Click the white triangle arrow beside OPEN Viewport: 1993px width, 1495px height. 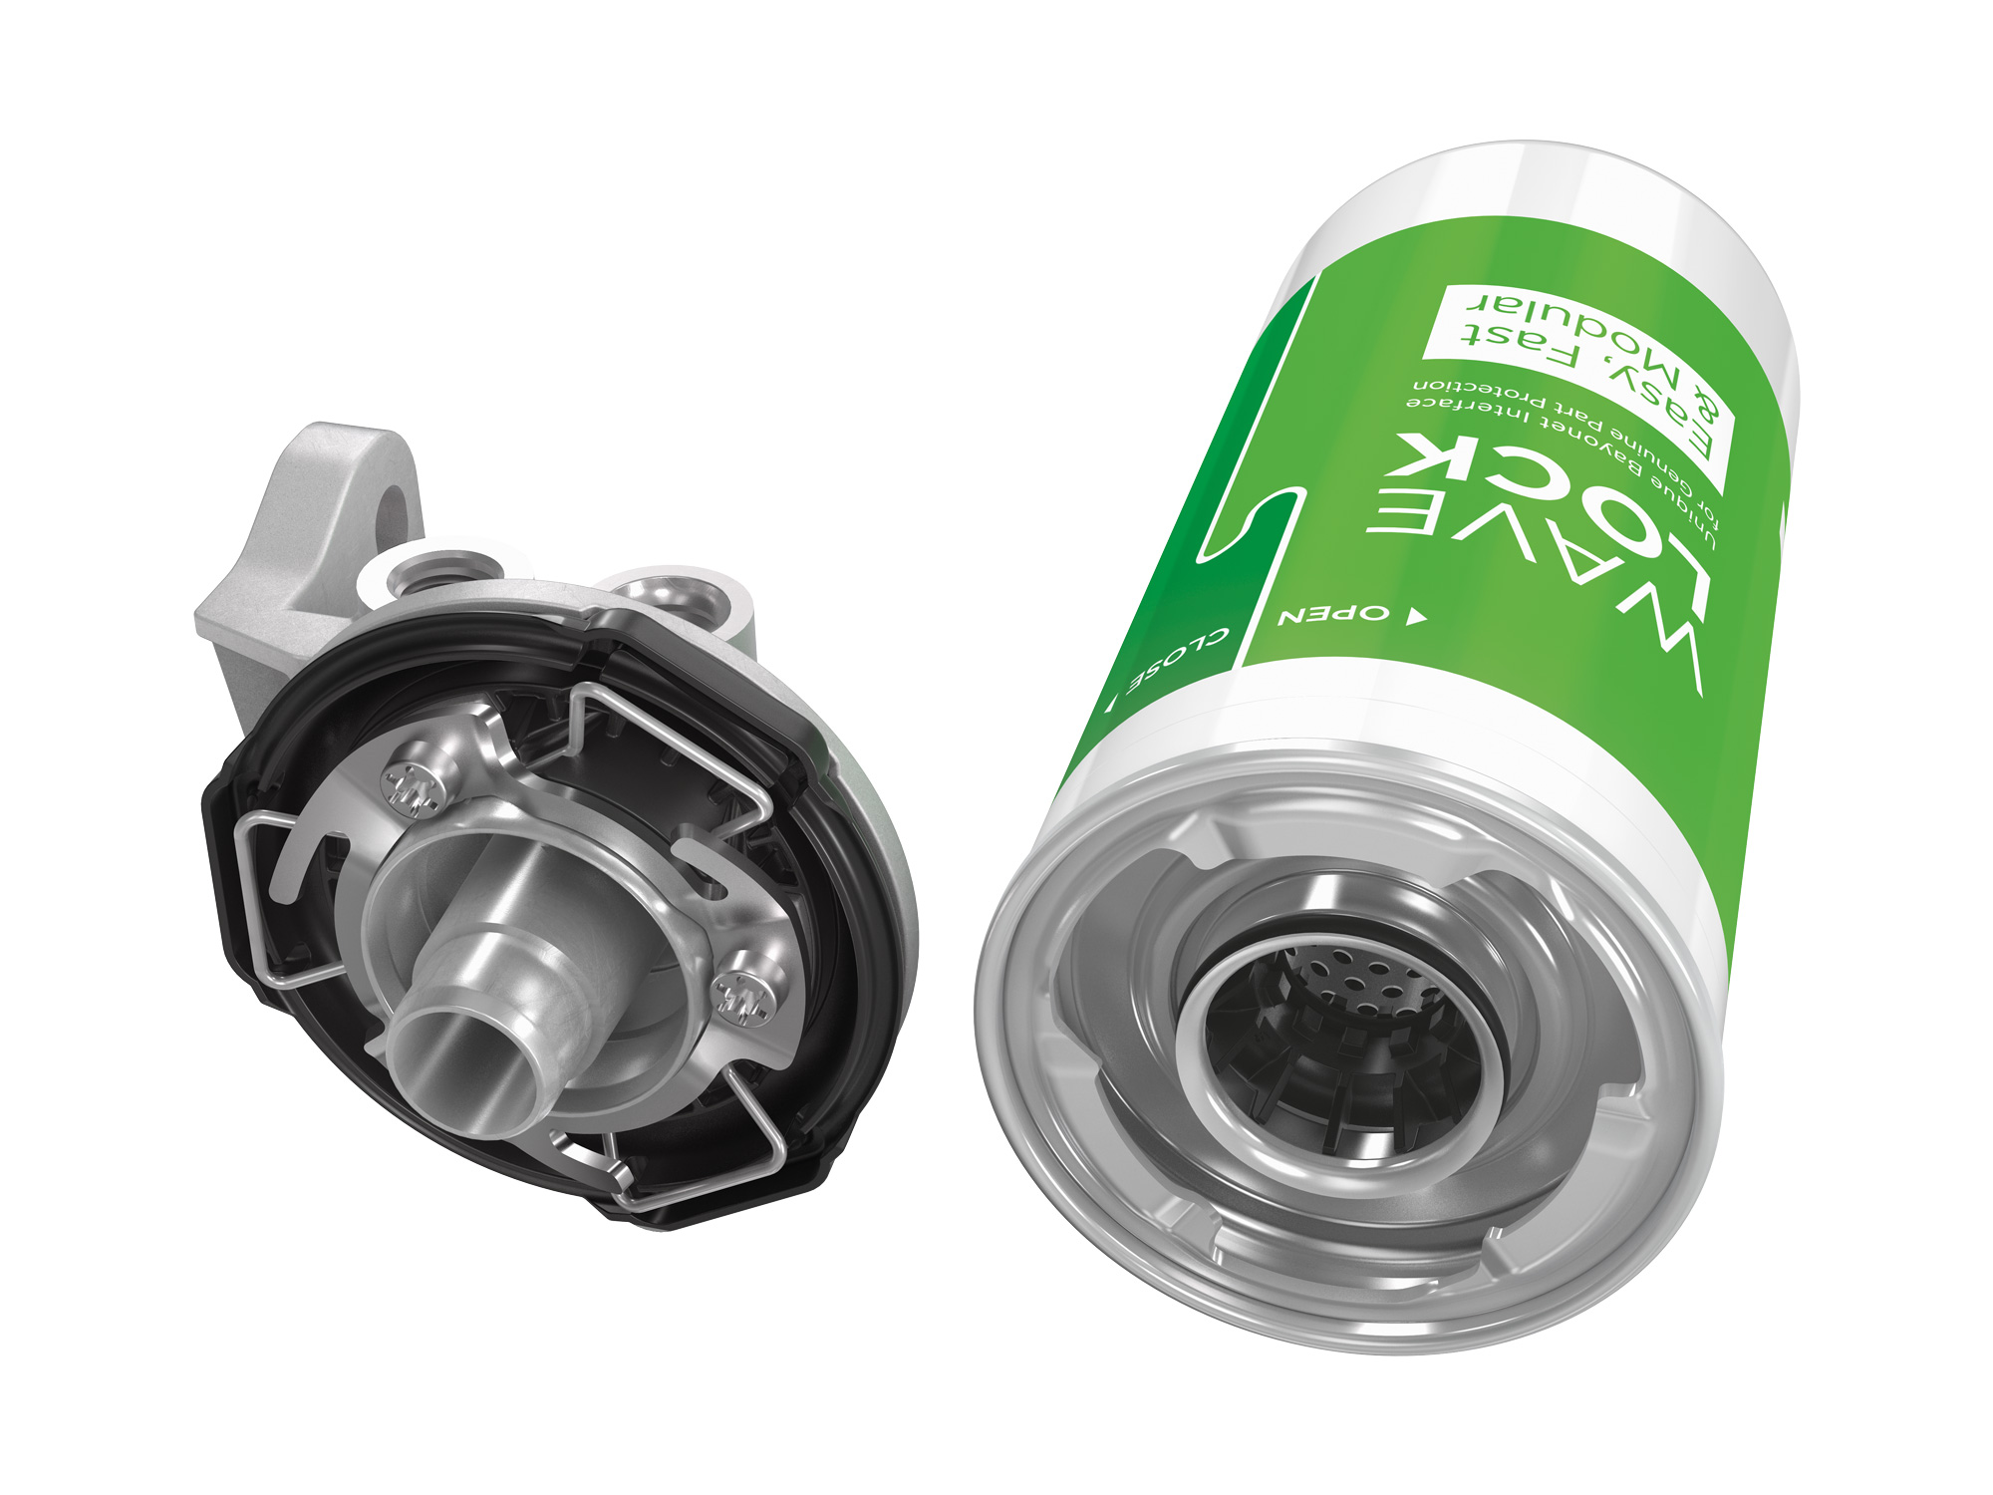click(x=1414, y=618)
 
